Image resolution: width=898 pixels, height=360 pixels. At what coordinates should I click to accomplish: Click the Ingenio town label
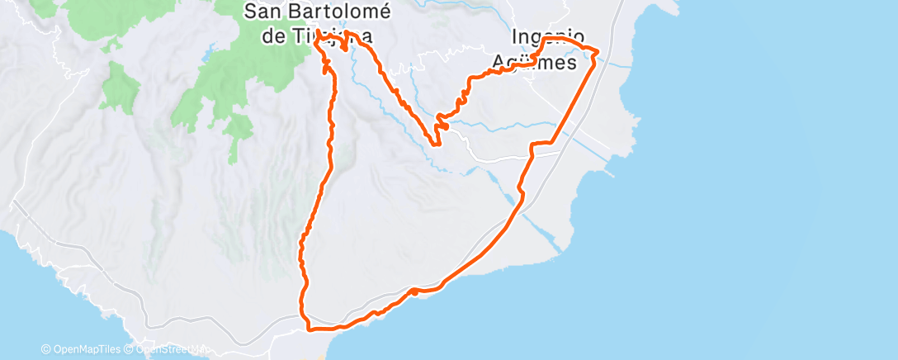pos(548,37)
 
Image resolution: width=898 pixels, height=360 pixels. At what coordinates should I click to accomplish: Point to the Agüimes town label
pos(534,62)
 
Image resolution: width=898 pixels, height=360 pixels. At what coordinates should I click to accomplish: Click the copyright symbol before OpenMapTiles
pos(46,349)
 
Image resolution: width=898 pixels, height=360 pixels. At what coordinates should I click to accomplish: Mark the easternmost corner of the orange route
pos(597,54)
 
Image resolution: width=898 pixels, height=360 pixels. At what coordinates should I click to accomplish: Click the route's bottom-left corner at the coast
pos(308,329)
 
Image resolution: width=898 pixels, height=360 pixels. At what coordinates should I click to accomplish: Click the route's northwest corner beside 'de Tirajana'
pos(318,40)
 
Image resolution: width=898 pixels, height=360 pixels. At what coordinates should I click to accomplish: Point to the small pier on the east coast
pos(612,174)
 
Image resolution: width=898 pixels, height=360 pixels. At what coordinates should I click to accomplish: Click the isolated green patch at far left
pos(121,87)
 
